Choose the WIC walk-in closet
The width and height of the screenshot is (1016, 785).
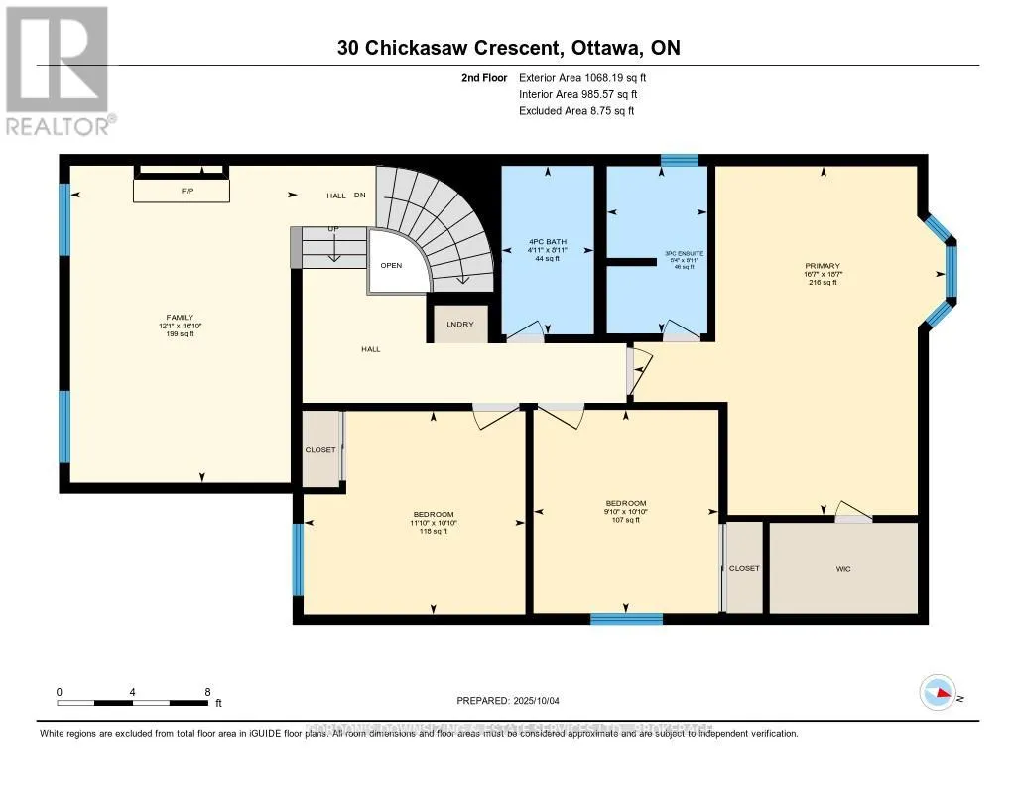(843, 569)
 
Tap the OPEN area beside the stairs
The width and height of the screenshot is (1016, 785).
(391, 266)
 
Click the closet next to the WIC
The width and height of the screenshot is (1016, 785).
(744, 569)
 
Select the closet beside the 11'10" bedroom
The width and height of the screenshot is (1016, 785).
(320, 449)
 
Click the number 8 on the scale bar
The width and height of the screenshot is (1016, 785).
(207, 691)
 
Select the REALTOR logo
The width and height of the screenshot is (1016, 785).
(58, 69)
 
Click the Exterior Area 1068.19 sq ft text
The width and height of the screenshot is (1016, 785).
(584, 77)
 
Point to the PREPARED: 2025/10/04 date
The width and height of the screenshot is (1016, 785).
(508, 700)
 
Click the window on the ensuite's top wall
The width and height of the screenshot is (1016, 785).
(680, 160)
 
